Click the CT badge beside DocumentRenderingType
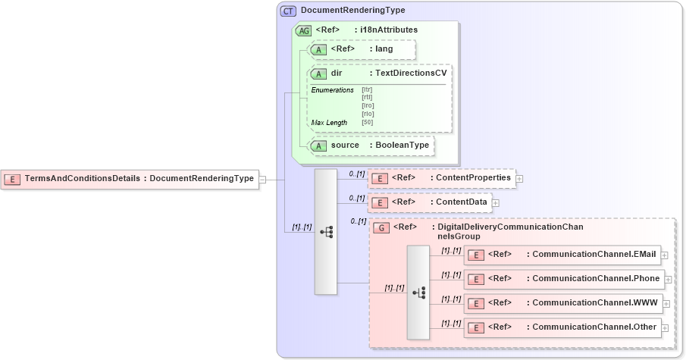[x=289, y=11]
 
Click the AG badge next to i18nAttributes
[x=303, y=30]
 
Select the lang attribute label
[x=384, y=49]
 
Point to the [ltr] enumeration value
[x=367, y=89]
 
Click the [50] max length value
[x=367, y=122]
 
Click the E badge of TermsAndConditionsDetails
[x=12, y=179]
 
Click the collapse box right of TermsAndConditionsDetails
[x=262, y=179]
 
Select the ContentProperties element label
[x=470, y=178]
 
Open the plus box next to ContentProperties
[x=520, y=179]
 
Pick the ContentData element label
[x=459, y=202]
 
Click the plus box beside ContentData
[x=496, y=203]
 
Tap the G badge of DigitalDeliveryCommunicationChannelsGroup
[x=383, y=227]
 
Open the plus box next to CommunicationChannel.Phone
[x=668, y=280]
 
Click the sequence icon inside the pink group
[x=418, y=292]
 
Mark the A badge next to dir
[x=319, y=74]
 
